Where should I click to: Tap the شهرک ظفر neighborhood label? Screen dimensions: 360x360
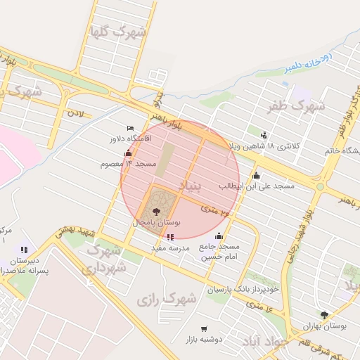click(x=296, y=106)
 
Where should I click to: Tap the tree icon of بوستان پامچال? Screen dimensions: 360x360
click(x=156, y=210)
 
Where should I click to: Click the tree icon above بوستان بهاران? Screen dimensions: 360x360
click(x=324, y=315)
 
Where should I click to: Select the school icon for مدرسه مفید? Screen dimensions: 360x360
click(x=171, y=237)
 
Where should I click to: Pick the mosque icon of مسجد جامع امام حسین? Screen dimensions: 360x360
click(x=219, y=236)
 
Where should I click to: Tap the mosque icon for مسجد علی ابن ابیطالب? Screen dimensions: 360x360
click(x=256, y=175)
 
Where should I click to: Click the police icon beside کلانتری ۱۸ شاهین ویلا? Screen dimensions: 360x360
click(x=264, y=135)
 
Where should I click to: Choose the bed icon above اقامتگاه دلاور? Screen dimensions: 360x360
click(x=130, y=129)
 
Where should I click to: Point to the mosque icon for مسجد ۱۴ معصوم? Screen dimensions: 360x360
click(x=128, y=153)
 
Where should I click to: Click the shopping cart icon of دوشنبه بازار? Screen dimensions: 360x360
click(x=204, y=328)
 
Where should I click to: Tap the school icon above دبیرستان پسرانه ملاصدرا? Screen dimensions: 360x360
click(x=25, y=249)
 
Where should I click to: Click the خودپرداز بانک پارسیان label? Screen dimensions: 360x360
click(x=243, y=289)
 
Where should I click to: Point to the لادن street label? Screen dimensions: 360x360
click(x=75, y=112)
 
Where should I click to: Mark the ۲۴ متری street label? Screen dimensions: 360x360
click(x=215, y=209)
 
